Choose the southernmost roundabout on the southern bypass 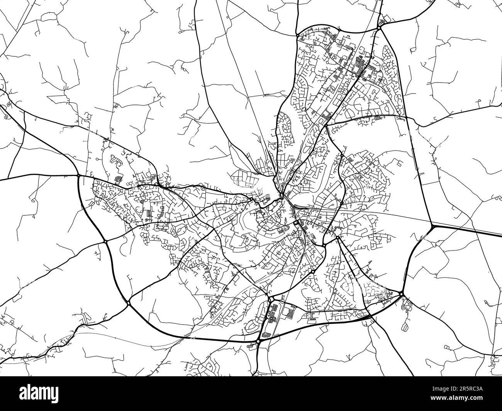(x=258, y=342)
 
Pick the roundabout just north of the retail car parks (x=270, y=299)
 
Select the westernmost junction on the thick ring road (x=78, y=176)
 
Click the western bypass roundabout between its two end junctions (x=105, y=242)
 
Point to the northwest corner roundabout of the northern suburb (x=298, y=35)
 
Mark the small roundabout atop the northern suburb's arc (x=338, y=29)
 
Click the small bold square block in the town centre (x=295, y=223)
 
